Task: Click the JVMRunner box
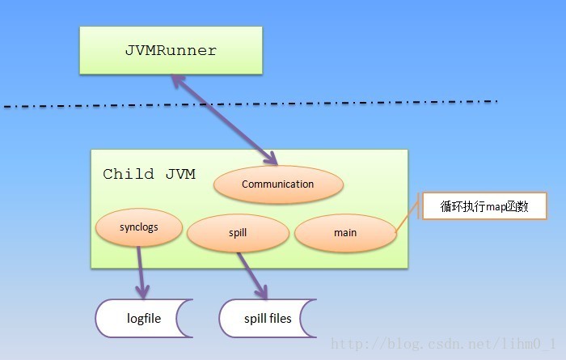171,50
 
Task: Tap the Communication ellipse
278,184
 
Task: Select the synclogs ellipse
139,227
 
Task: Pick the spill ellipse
238,233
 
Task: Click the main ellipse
345,233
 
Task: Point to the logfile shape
144,319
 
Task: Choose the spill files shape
268,319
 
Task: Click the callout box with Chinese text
484,205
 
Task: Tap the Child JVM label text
149,174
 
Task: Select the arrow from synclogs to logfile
141,273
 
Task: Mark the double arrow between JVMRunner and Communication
224,120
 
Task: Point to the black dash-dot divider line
251,104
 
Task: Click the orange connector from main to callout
407,215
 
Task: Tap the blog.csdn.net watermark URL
443,343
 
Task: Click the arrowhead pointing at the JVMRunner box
178,81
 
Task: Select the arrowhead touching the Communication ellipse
271,158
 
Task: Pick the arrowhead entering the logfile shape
142,291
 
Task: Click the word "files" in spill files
280,318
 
